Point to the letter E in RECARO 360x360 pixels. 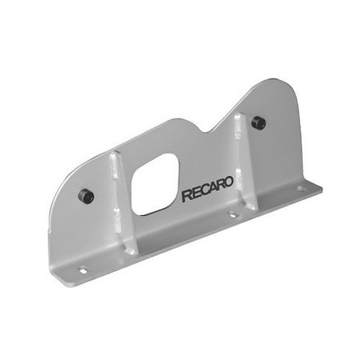click(x=194, y=194)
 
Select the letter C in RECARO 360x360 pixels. click(x=201, y=194)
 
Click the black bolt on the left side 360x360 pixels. click(x=85, y=196)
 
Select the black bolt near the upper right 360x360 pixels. click(x=258, y=123)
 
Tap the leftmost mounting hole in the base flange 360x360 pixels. click(x=79, y=271)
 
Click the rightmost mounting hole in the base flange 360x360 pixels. click(x=300, y=190)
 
